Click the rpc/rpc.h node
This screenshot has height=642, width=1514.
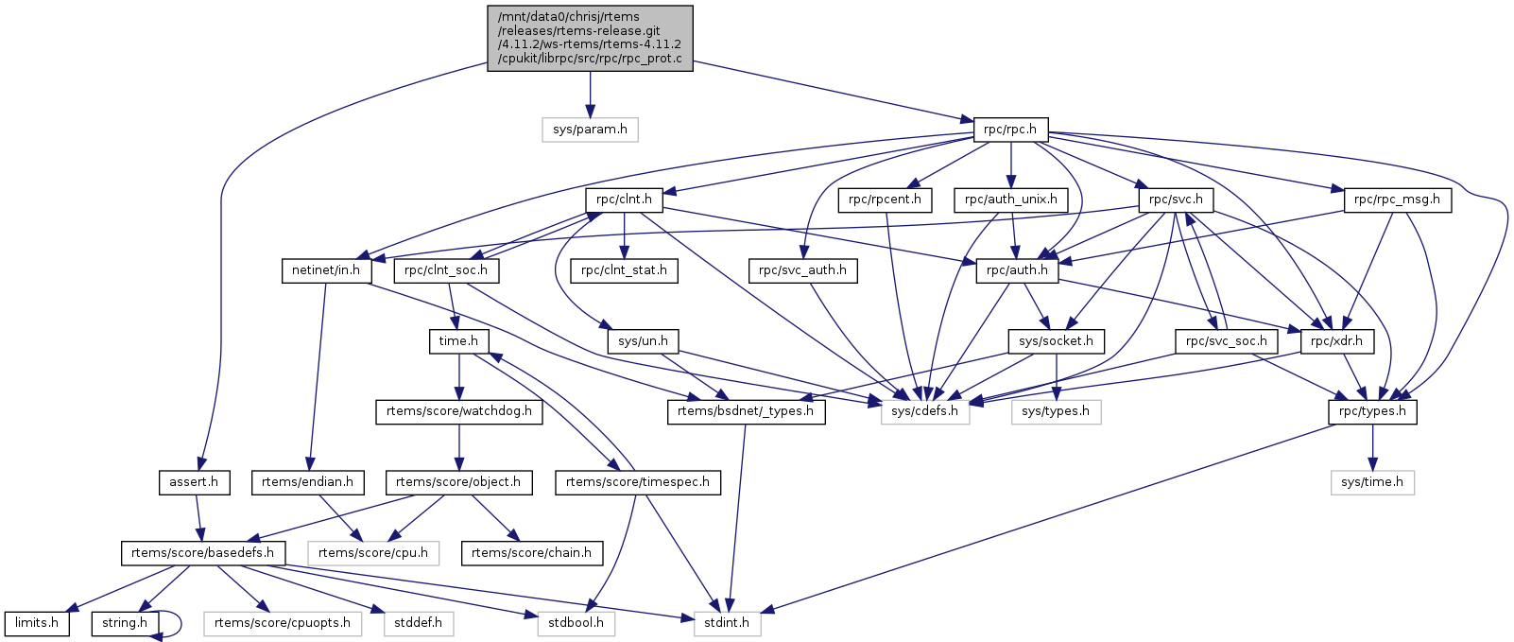tap(1010, 130)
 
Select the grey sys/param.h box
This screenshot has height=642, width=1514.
tap(590, 130)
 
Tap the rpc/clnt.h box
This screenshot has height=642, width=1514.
tap(624, 200)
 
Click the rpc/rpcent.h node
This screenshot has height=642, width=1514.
tap(885, 200)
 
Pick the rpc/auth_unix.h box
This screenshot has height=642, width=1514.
tap(1011, 200)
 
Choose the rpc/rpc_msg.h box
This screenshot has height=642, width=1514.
tap(1397, 200)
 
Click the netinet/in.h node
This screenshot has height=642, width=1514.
tap(325, 270)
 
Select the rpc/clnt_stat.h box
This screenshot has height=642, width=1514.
tap(624, 270)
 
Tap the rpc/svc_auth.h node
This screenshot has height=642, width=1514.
tap(802, 270)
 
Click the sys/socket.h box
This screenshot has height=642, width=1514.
tap(1056, 340)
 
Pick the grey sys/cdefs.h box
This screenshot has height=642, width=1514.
tap(925, 411)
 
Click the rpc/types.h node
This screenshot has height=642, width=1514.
tap(1372, 411)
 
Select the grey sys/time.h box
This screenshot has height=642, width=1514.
tap(1372, 482)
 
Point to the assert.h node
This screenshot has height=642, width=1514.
tap(194, 482)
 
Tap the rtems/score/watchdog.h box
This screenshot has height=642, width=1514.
tap(459, 411)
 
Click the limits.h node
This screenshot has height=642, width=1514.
tap(37, 623)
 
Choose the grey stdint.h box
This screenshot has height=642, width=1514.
tap(728, 623)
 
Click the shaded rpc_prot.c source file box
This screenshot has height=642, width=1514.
tap(590, 38)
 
